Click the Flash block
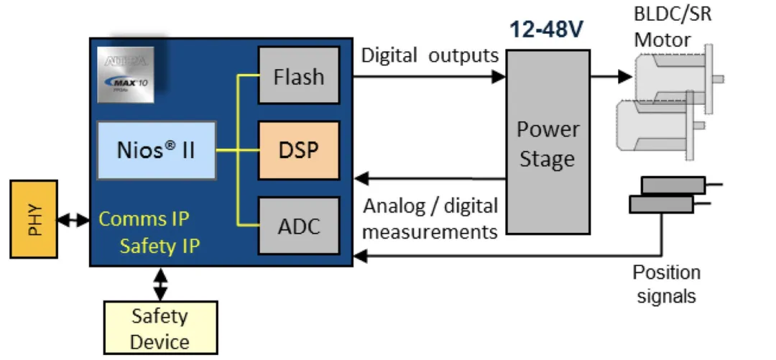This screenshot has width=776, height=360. coord(298,76)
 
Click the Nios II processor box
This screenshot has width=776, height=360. coord(155,150)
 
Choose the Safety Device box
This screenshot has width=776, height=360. coord(160,328)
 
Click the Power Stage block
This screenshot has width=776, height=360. coord(548,142)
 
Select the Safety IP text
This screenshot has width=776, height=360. coord(160,246)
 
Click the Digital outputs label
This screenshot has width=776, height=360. coord(429,55)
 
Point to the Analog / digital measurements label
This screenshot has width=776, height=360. coord(430,218)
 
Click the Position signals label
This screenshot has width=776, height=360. coord(666,284)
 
